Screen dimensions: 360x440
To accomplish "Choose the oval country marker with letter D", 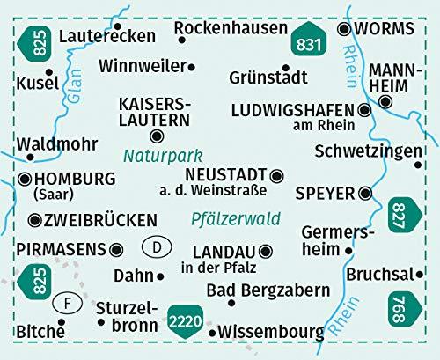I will click(x=156, y=247).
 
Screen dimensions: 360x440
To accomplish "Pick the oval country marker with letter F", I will click(x=67, y=305).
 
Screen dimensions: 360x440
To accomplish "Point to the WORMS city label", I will click(x=390, y=28).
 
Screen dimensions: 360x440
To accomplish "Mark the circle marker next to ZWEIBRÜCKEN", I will click(x=34, y=220).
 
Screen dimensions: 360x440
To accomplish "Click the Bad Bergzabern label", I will click(x=257, y=290).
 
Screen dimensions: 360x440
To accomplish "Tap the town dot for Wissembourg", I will click(x=212, y=333).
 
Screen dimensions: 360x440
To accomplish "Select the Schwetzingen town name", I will click(x=367, y=151).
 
